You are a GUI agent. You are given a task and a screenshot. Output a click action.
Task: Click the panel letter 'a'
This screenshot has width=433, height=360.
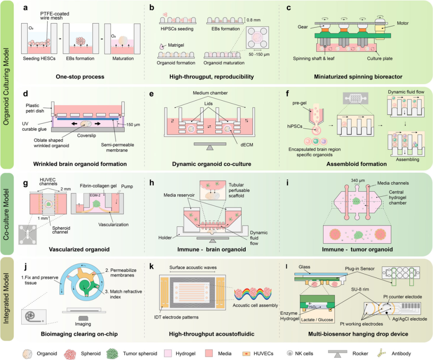[x=25, y=8]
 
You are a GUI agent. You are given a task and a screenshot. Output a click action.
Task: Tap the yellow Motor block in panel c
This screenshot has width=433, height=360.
[x=382, y=28]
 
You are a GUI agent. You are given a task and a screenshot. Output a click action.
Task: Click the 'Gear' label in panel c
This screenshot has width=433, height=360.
[x=303, y=27]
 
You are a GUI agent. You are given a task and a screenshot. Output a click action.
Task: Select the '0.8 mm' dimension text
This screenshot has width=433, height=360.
[x=253, y=20]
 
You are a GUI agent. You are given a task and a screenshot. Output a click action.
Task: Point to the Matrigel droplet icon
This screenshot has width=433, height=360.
[x=162, y=47]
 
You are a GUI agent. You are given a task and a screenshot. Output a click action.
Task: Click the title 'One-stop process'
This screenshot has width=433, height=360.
[x=80, y=77]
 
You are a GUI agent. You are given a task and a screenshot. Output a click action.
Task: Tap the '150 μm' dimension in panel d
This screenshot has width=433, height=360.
[x=133, y=125]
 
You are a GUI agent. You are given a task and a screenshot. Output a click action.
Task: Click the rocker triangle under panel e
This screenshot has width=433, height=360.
[x=210, y=148]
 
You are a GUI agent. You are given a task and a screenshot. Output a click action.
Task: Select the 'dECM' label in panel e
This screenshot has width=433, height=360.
[x=247, y=144]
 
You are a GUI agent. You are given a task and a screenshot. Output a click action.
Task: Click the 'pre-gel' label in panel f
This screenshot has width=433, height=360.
[x=299, y=103]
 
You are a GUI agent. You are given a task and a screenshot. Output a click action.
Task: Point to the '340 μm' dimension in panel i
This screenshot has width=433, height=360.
[x=358, y=180]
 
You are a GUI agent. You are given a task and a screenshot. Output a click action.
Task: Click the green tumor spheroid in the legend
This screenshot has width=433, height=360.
[x=112, y=353]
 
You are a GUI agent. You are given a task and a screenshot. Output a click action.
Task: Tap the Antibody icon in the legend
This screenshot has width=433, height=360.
[x=382, y=353]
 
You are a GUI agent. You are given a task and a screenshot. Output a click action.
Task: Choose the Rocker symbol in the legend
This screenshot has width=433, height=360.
[x=338, y=353]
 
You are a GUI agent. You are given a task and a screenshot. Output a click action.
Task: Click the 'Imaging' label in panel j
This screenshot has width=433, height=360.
[x=83, y=324]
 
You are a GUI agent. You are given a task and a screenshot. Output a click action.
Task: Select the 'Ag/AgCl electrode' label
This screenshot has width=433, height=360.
[x=409, y=319]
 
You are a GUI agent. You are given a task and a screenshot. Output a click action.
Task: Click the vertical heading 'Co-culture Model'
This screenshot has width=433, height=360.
[x=6, y=214]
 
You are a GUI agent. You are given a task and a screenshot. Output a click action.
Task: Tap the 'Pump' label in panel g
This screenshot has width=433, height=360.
[x=127, y=186]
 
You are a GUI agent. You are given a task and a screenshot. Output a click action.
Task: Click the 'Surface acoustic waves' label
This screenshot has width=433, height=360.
[x=193, y=267]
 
